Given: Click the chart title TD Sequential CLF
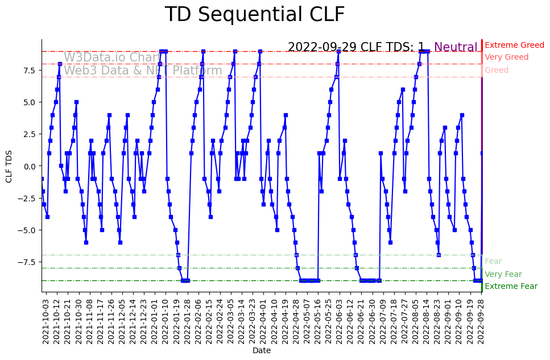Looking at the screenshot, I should click(254, 15).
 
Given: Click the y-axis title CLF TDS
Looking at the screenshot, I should click(9, 166).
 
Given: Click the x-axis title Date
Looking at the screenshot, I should click(262, 351).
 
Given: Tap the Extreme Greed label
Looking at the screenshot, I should click(514, 45).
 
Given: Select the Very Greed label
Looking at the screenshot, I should click(506, 57).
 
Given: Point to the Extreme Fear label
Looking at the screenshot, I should click(511, 287).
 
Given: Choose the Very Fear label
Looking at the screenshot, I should click(503, 274).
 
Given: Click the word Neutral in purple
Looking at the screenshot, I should click(456, 47).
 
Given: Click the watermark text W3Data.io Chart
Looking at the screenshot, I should click(112, 57).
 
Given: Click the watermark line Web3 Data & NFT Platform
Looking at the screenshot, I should click(143, 71).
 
